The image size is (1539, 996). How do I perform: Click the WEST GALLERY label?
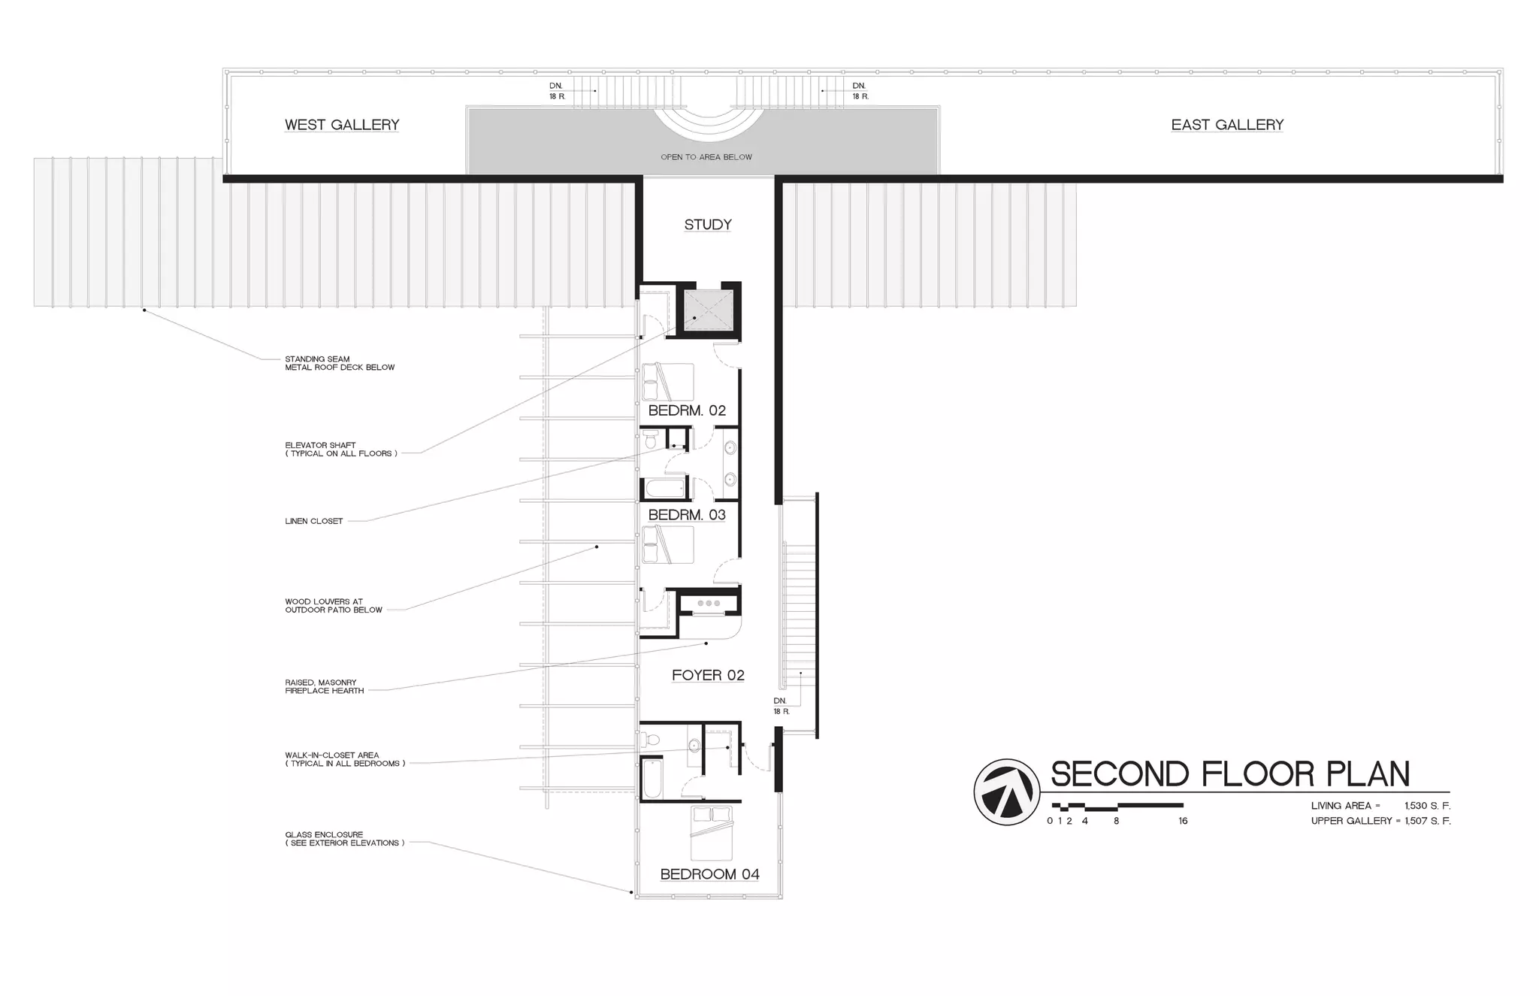coord(342,125)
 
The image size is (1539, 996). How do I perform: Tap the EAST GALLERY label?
coord(1227,125)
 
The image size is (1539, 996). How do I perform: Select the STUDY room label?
coord(708,225)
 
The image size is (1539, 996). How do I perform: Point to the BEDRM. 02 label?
coord(687,410)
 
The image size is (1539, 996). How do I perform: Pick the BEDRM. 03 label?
coord(687,515)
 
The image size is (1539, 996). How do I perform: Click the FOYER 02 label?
coord(708,675)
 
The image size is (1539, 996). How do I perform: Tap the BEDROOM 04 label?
coord(709,874)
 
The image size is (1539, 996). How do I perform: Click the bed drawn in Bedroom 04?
coord(711,833)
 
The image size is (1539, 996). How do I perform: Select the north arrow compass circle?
coord(1007,792)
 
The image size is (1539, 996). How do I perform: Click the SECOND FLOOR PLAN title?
coord(1230,773)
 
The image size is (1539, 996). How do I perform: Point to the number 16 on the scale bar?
coord(1183,821)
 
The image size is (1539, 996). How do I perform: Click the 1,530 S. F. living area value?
coord(1427,806)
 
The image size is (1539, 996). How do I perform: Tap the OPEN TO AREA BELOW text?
coord(706,157)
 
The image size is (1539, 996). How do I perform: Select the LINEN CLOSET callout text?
coord(314,521)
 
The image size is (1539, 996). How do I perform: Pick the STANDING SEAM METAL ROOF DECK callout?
coord(339,363)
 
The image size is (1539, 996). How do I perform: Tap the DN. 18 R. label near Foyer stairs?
coord(781,706)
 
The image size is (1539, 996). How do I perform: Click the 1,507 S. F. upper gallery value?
coord(1427,821)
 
